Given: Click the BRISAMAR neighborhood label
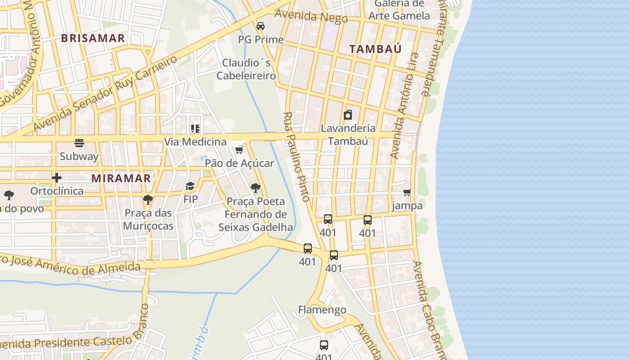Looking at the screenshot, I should point(93,38).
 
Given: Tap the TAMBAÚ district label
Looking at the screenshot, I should point(375,49).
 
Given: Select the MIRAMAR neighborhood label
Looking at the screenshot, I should point(121,178).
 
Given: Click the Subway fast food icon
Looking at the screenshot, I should point(79,143).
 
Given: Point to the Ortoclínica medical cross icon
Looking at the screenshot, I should point(57,178).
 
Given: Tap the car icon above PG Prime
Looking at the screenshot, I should point(261,26).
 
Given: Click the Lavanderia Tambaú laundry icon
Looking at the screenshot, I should point(348,115).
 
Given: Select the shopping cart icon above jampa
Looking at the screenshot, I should point(407,193).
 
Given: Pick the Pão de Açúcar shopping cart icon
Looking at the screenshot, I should point(239,150).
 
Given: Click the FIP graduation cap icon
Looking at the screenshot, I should point(190,186).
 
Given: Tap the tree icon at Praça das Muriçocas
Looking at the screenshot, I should point(148,199).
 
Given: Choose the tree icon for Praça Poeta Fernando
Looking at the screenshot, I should point(256,188).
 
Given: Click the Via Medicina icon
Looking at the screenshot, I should point(195,129).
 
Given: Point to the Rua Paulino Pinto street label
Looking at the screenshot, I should point(297,157).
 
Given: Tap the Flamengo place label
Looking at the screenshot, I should point(322,310).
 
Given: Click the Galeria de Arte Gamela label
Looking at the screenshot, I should point(399,9).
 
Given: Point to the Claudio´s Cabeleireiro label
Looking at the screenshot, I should point(246,69).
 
